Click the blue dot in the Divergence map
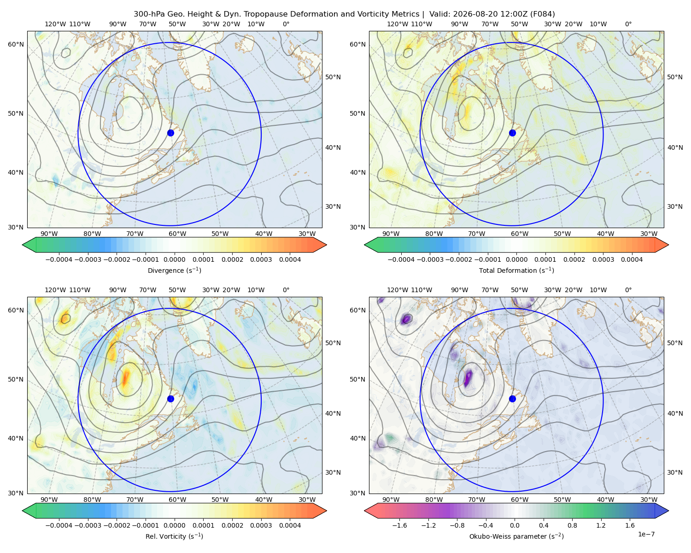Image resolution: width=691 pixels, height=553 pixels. click(x=170, y=133)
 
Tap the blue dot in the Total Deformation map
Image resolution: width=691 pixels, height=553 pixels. click(x=512, y=133)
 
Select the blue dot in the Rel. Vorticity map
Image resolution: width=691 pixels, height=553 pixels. click(x=170, y=399)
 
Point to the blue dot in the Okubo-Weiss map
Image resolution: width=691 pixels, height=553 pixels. click(x=512, y=399)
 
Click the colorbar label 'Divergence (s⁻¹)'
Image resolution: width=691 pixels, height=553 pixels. click(x=174, y=270)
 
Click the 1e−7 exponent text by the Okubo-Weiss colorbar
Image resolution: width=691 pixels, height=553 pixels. click(x=646, y=534)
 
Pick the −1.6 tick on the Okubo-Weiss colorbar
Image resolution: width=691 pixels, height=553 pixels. click(x=399, y=525)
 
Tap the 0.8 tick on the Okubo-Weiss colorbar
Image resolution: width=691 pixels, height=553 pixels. click(x=572, y=525)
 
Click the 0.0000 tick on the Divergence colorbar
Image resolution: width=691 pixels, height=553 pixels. click(x=174, y=259)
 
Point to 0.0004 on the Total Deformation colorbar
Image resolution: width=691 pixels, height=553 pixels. click(x=632, y=259)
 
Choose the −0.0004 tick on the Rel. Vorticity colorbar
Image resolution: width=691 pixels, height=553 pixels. click(x=59, y=525)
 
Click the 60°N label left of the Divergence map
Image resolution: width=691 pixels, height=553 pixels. click(x=16, y=44)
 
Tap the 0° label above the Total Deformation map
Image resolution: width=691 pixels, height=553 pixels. click(x=628, y=24)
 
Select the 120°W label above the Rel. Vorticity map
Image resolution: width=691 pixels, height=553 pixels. click(x=55, y=290)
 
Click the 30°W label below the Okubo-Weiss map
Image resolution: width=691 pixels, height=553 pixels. click(x=649, y=500)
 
